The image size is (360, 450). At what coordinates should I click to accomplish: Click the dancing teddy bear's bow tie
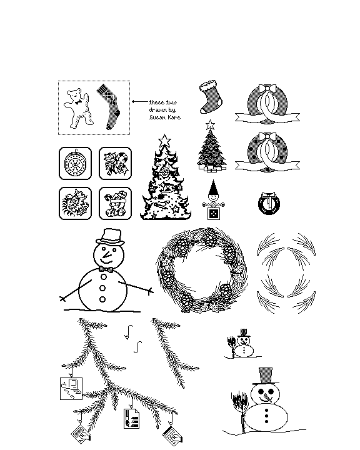[77, 102]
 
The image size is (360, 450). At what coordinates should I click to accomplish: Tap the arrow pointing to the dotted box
[140, 102]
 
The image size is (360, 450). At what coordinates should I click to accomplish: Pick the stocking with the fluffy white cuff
[211, 97]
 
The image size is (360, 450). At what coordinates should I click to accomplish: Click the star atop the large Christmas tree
[164, 141]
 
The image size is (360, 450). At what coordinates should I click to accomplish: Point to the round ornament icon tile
[75, 163]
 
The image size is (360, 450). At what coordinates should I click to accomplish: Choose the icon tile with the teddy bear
[115, 204]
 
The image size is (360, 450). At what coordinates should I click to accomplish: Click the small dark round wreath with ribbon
[269, 204]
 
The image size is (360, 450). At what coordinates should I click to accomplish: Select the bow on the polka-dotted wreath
[267, 137]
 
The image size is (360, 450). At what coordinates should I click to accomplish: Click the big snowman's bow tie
[106, 269]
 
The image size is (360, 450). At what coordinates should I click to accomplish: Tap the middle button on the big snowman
[102, 288]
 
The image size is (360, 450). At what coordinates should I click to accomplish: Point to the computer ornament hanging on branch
[71, 389]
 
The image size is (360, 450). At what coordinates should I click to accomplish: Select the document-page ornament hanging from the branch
[131, 419]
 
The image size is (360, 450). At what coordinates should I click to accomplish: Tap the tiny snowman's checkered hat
[244, 333]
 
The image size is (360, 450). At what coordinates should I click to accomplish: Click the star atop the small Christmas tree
[211, 124]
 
